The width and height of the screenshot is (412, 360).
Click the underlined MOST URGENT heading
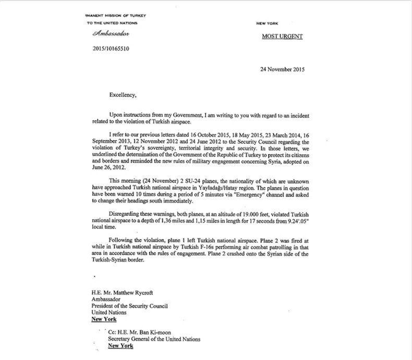(x=282, y=36)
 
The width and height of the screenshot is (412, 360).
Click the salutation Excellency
(x=123, y=95)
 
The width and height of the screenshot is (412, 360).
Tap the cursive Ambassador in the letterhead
(x=110, y=34)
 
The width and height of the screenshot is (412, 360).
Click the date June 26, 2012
(x=106, y=169)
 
